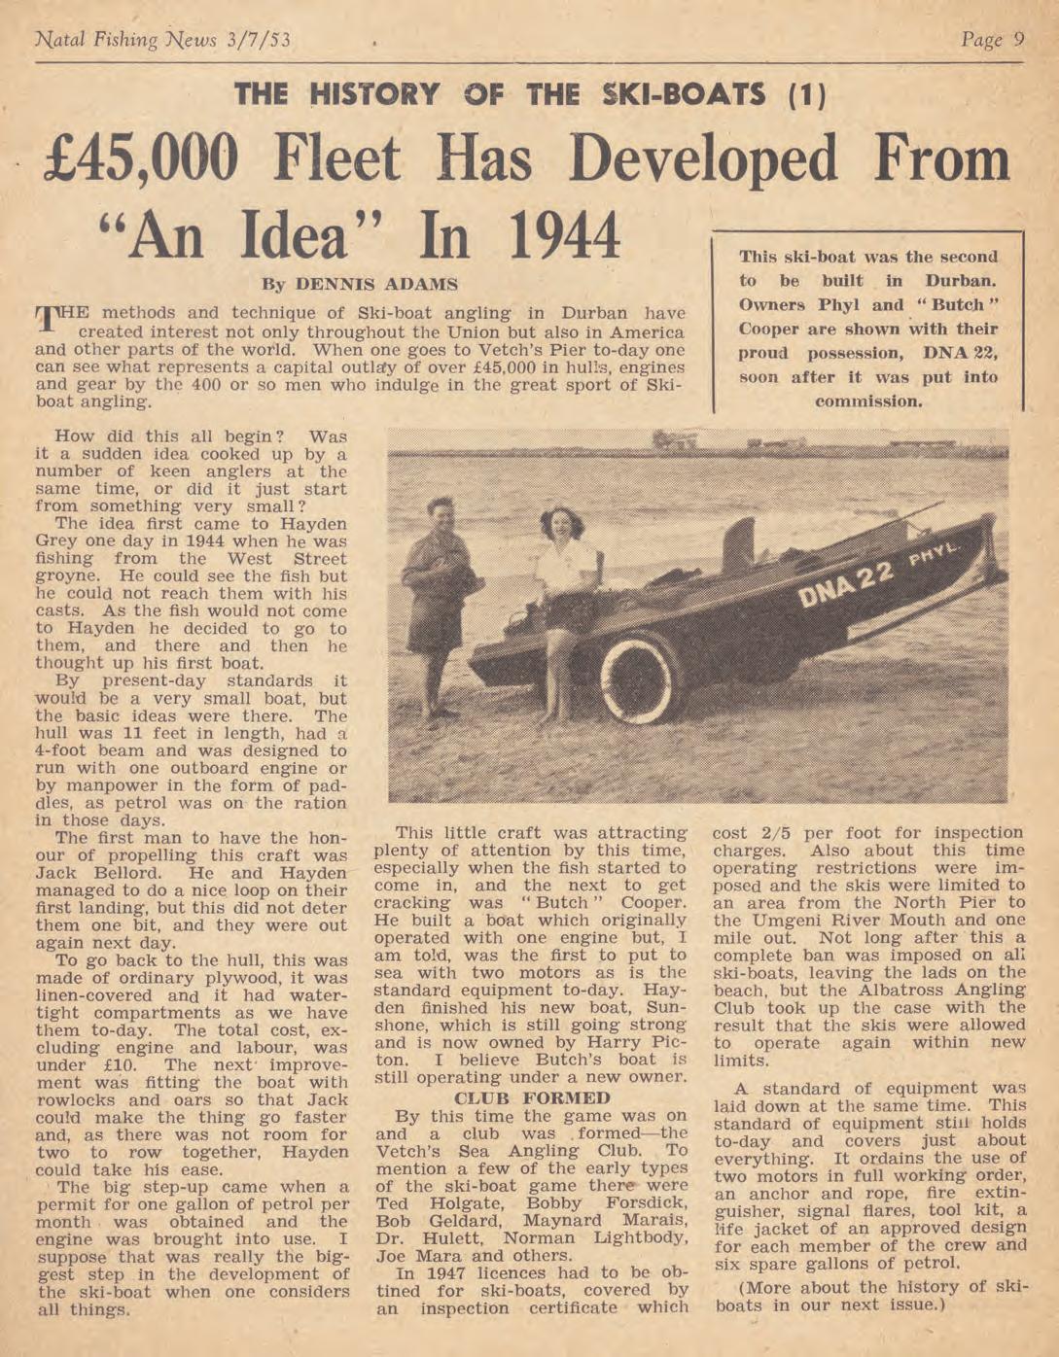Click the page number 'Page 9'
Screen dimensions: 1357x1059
click(992, 40)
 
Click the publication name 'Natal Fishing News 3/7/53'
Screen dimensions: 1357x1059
click(162, 40)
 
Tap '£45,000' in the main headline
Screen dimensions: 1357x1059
click(142, 161)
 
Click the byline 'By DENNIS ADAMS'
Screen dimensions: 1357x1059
click(360, 285)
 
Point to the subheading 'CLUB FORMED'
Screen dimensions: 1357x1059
click(532, 1097)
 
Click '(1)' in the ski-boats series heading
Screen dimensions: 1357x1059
click(805, 95)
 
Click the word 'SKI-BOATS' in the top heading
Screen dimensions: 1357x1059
click(685, 95)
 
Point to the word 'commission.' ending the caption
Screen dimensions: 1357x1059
click(868, 400)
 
